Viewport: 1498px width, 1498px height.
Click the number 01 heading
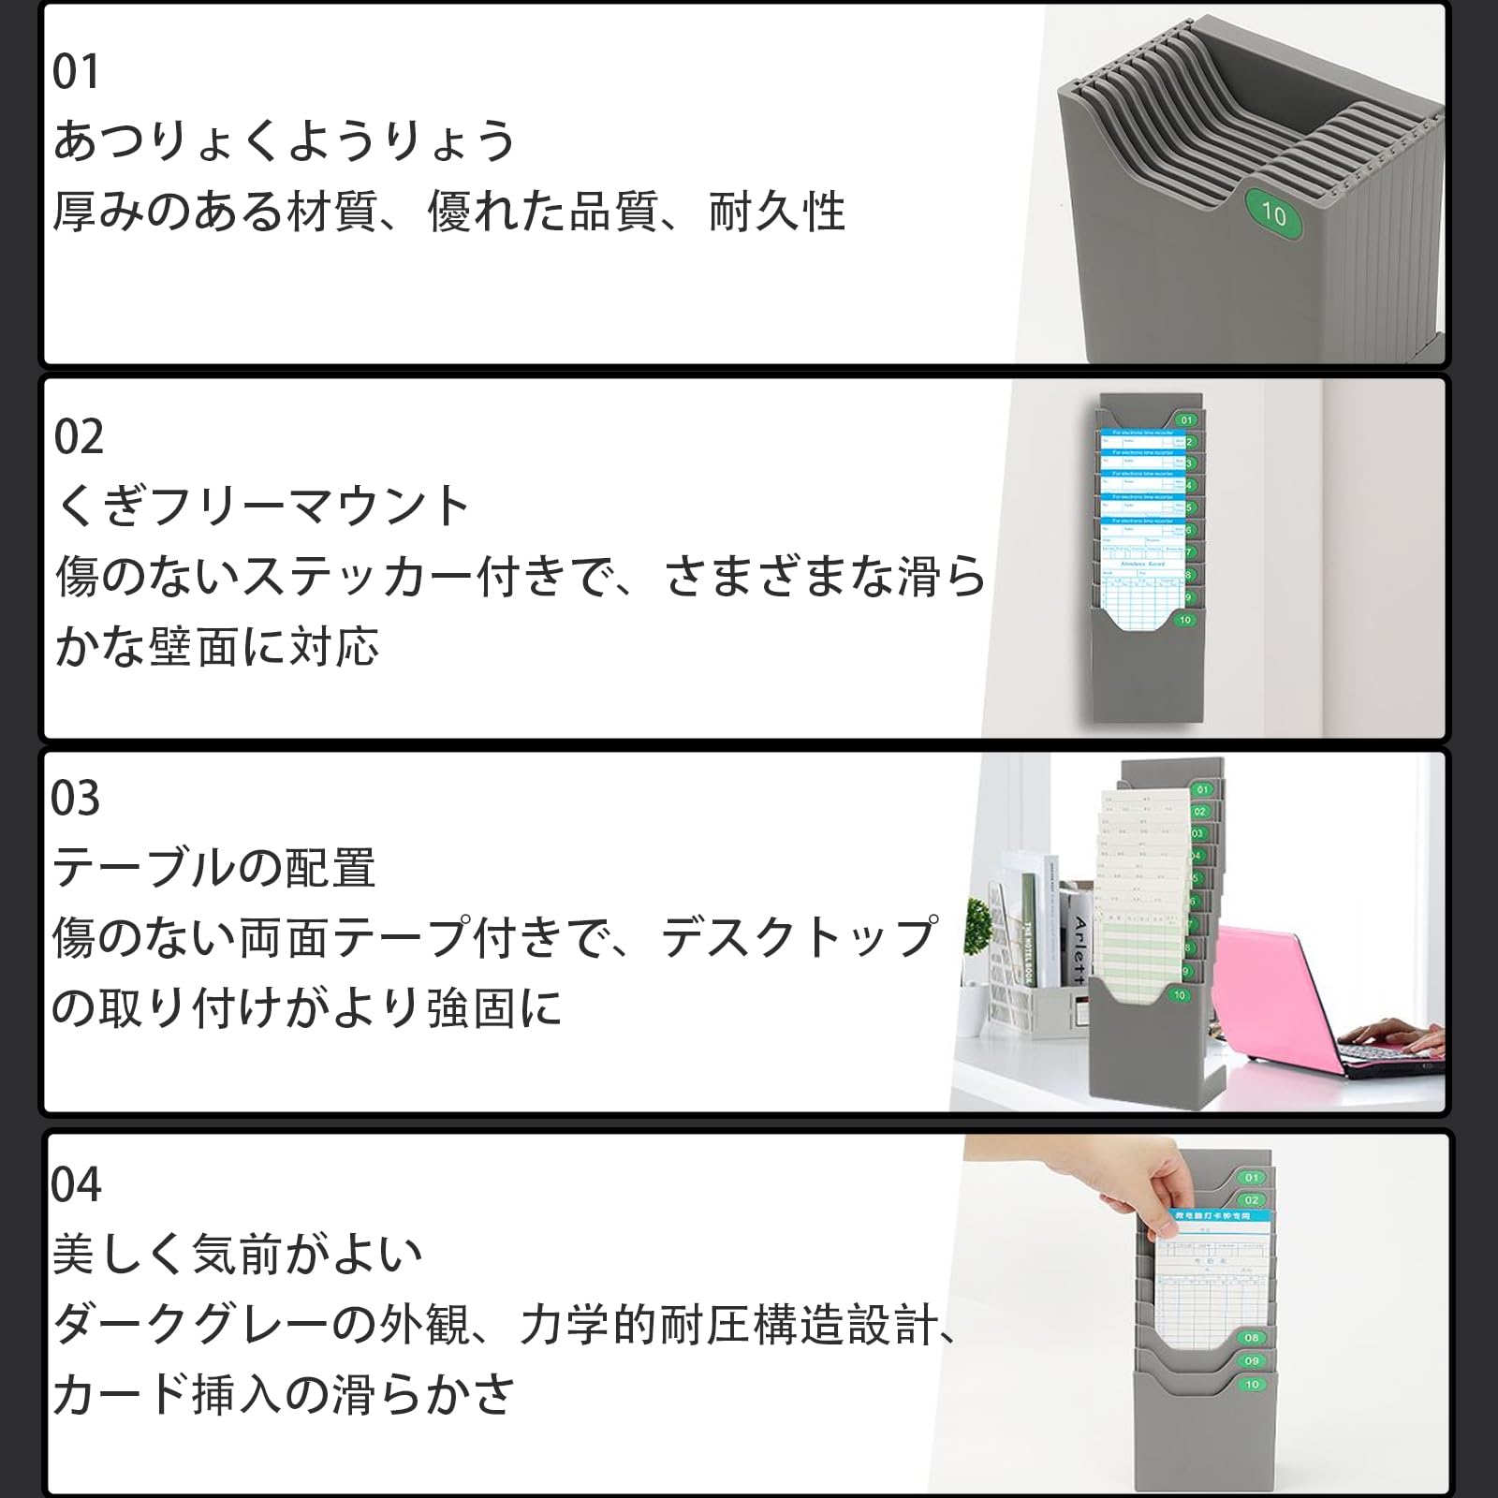76,73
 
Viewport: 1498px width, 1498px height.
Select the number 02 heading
79,437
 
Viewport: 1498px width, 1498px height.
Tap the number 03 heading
76,799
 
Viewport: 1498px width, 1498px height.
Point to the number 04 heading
76,1184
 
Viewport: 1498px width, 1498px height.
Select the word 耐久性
777,212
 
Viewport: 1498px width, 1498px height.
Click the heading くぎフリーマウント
262,507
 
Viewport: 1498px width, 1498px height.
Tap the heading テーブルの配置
214,868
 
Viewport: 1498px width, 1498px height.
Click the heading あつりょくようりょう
284,141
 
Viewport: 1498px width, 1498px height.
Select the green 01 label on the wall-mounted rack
1187,420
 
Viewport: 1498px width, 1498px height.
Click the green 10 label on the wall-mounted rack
1185,620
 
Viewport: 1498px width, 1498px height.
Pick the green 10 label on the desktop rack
1179,995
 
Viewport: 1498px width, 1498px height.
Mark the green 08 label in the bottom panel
1252,1338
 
